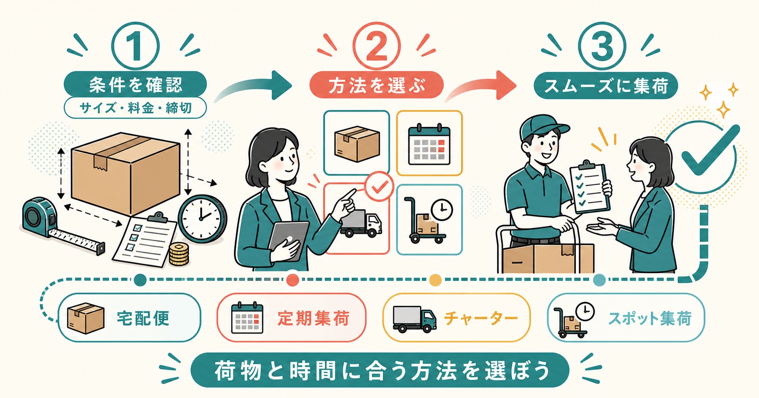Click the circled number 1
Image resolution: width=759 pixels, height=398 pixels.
click(x=135, y=46)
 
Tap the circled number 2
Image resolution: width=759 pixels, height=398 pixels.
click(x=376, y=46)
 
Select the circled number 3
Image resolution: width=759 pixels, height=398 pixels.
click(x=602, y=46)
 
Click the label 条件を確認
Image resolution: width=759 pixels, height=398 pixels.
click(x=135, y=85)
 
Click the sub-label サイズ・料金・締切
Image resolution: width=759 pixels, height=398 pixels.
click(x=135, y=108)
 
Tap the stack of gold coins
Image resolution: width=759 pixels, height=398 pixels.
click(x=178, y=254)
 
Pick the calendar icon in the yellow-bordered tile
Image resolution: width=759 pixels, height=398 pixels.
click(x=429, y=144)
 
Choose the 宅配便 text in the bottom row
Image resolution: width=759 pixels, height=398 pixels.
click(x=143, y=318)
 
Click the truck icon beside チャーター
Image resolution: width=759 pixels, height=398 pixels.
click(x=414, y=319)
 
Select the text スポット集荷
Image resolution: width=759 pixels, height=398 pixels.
click(x=649, y=318)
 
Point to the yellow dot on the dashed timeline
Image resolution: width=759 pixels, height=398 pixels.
click(x=435, y=280)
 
